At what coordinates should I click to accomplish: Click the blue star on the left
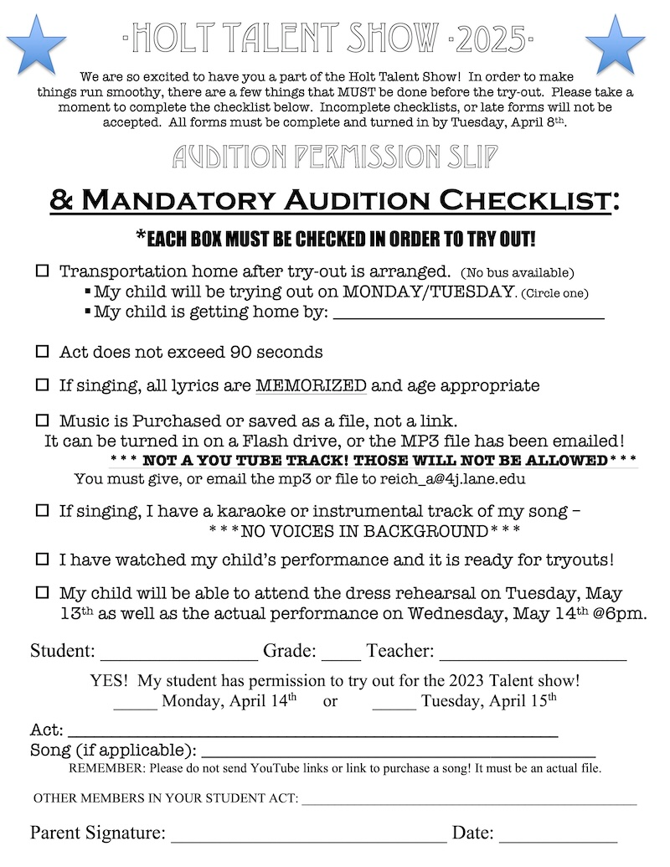(x=35, y=44)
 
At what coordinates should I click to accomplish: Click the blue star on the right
(x=616, y=44)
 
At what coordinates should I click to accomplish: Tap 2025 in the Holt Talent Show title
(x=491, y=38)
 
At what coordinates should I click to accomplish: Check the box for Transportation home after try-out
(x=42, y=272)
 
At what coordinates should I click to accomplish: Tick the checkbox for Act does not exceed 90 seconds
(x=42, y=353)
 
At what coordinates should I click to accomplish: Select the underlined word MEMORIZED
(x=311, y=386)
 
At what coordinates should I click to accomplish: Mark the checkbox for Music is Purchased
(x=42, y=420)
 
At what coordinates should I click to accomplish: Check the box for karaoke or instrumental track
(x=42, y=510)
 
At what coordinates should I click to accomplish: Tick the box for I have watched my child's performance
(x=42, y=559)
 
